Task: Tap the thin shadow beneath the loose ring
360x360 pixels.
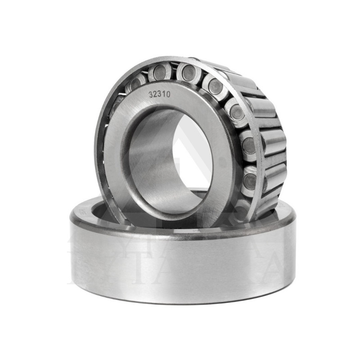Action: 180,302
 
